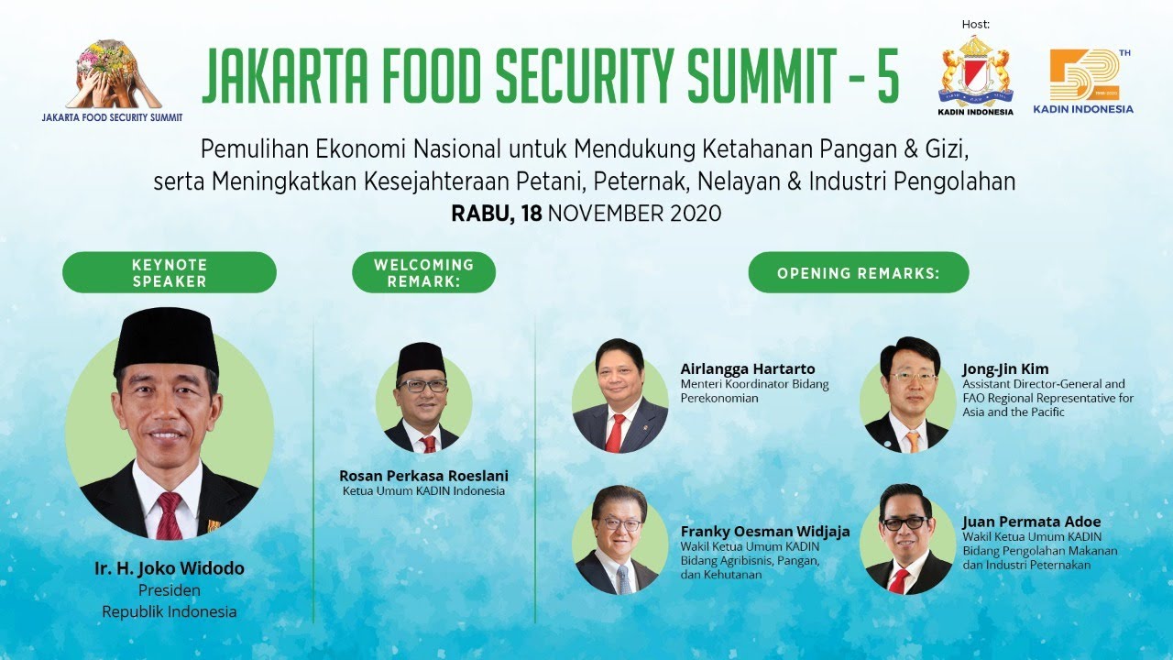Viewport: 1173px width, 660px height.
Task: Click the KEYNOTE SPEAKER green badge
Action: [170, 272]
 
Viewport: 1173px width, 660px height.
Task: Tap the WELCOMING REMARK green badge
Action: [423, 272]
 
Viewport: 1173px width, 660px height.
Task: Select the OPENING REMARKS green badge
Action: [859, 272]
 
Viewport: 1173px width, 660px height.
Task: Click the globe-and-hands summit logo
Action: [113, 75]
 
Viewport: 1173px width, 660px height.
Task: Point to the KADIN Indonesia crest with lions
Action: [975, 71]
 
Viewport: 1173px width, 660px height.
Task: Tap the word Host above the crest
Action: [976, 24]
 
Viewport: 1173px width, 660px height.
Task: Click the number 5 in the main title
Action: [888, 75]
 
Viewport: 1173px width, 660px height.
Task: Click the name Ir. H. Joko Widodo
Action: [170, 568]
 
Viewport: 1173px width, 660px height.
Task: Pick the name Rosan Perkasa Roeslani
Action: [423, 476]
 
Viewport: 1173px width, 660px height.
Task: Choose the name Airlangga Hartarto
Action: [748, 368]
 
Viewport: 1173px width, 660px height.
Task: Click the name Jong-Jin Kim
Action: [1005, 368]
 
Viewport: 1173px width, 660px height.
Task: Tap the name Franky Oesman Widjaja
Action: [765, 532]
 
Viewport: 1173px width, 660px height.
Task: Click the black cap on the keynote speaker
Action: [167, 340]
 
